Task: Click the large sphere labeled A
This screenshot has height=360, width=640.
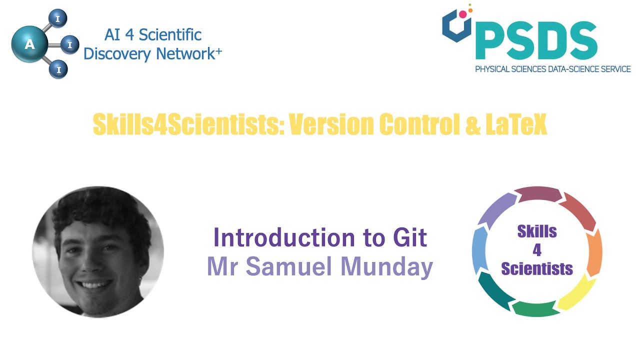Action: (29, 44)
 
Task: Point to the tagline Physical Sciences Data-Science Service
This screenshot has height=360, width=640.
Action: (552, 69)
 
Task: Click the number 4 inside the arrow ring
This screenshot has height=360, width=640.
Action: (537, 250)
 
